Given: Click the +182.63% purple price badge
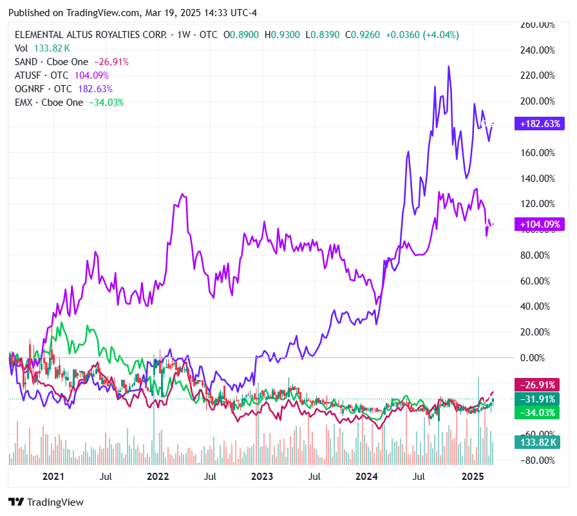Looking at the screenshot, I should coord(538,124).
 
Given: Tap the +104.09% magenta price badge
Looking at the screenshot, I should coord(538,224).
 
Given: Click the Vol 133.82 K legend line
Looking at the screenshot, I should coord(42,48).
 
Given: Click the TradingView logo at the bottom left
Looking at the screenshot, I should coord(46,502).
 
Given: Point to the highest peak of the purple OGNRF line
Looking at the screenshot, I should coord(448,66).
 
